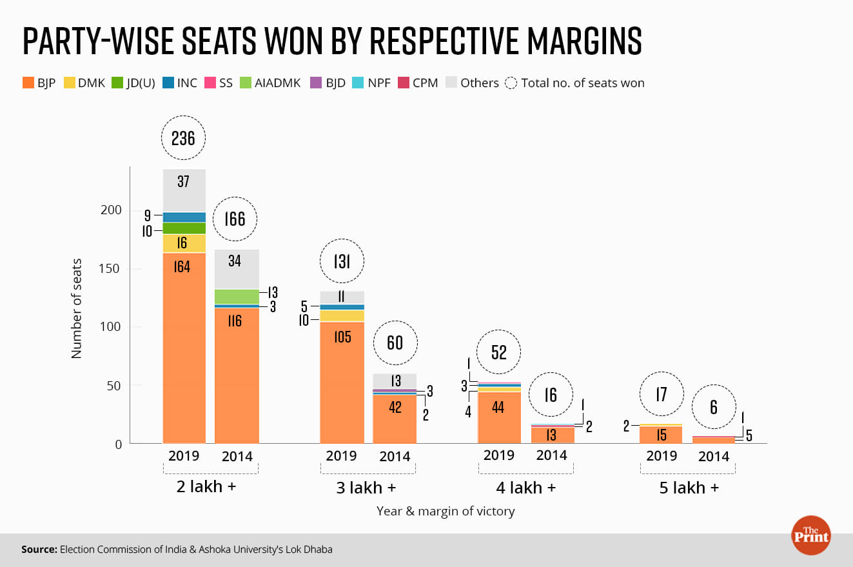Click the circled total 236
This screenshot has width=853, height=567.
pos(183,137)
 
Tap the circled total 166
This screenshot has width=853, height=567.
pos(235,219)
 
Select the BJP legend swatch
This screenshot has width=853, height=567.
pos(28,83)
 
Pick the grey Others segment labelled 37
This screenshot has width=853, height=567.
pos(184,182)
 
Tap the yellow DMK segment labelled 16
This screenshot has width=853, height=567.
pos(184,243)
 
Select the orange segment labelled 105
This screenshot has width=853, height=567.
pos(342,336)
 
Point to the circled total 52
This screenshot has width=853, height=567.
pos(498,352)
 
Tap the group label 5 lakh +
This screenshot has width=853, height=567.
pos(689,487)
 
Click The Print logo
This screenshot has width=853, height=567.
pos(810,535)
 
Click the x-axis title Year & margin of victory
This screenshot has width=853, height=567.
pos(446,512)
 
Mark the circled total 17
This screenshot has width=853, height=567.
pos(661,393)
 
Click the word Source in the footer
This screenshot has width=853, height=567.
pos(39,550)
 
